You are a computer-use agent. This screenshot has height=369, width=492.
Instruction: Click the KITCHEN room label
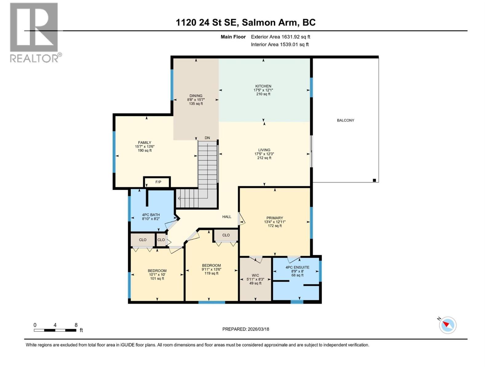[263, 86]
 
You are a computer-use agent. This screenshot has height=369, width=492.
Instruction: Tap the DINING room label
[196, 96]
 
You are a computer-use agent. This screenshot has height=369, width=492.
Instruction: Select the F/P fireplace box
[157, 182]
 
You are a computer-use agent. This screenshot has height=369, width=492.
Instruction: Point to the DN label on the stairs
[207, 138]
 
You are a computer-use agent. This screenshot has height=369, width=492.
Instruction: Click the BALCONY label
[345, 120]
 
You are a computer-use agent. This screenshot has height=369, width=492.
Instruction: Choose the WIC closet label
[255, 276]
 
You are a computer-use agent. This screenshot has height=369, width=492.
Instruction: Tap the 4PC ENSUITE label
[297, 267]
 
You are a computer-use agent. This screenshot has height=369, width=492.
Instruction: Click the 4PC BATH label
[151, 215]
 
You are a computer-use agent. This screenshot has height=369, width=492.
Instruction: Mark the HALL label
[227, 217]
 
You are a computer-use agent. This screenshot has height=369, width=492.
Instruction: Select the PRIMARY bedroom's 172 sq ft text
[275, 226]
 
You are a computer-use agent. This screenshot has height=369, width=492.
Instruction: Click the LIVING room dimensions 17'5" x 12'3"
[264, 154]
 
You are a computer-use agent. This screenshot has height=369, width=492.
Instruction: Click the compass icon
[447, 325]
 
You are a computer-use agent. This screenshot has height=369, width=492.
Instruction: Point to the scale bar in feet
[55, 330]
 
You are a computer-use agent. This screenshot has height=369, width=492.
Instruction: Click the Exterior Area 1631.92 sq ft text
[280, 37]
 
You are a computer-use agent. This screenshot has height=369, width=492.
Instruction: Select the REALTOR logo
[34, 32]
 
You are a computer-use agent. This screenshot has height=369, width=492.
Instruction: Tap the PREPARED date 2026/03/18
[246, 329]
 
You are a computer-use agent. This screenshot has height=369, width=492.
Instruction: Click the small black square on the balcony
[374, 180]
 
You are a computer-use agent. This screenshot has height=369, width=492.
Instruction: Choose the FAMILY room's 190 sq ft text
[145, 151]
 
